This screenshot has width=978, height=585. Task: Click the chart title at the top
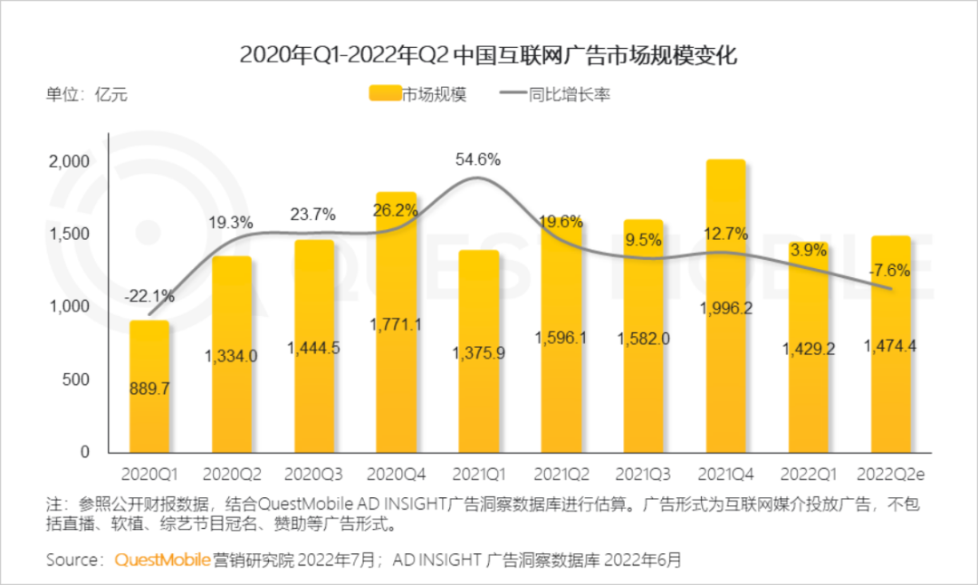[489, 55]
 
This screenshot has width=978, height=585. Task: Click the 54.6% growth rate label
[477, 159]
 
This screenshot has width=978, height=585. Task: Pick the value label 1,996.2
[725, 308]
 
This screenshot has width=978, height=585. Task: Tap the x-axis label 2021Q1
[477, 474]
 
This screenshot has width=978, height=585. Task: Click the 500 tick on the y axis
[78, 379]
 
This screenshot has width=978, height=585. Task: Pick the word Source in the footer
[72, 560]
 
